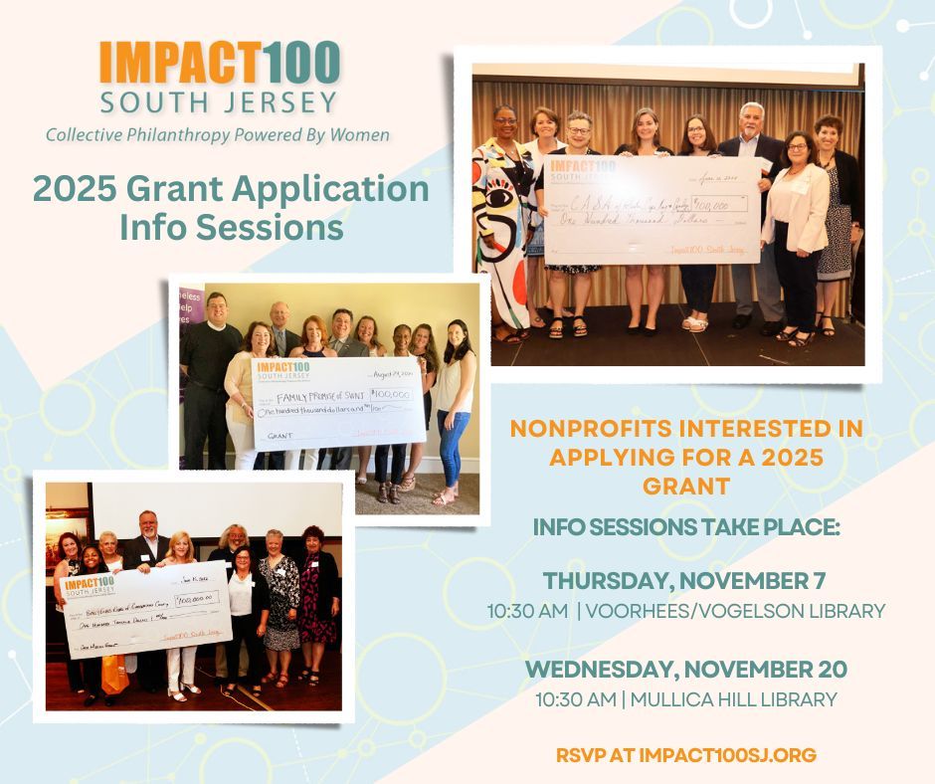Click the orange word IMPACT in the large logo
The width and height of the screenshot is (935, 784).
click(x=180, y=65)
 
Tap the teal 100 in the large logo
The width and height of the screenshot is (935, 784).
click(x=301, y=65)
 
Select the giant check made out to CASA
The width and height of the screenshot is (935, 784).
click(x=652, y=209)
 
